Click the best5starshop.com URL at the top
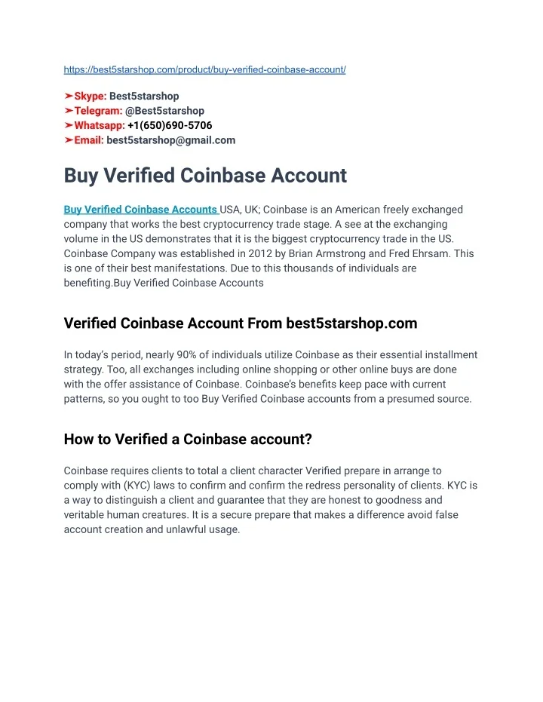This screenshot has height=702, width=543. pyautogui.click(x=204, y=69)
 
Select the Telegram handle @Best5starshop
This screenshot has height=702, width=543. pyautogui.click(x=164, y=111)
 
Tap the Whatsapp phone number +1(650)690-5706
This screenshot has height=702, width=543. pyautogui.click(x=170, y=125)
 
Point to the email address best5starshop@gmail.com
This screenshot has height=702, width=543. pyautogui.click(x=171, y=139)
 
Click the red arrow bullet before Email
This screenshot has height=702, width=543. pyautogui.click(x=69, y=139)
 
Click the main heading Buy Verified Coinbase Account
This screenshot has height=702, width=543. pyautogui.click(x=205, y=176)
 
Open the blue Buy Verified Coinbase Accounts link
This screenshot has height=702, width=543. pyautogui.click(x=140, y=210)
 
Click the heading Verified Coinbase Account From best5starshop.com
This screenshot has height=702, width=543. pyautogui.click(x=241, y=323)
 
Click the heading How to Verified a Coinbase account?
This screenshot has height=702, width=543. pyautogui.click(x=188, y=439)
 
